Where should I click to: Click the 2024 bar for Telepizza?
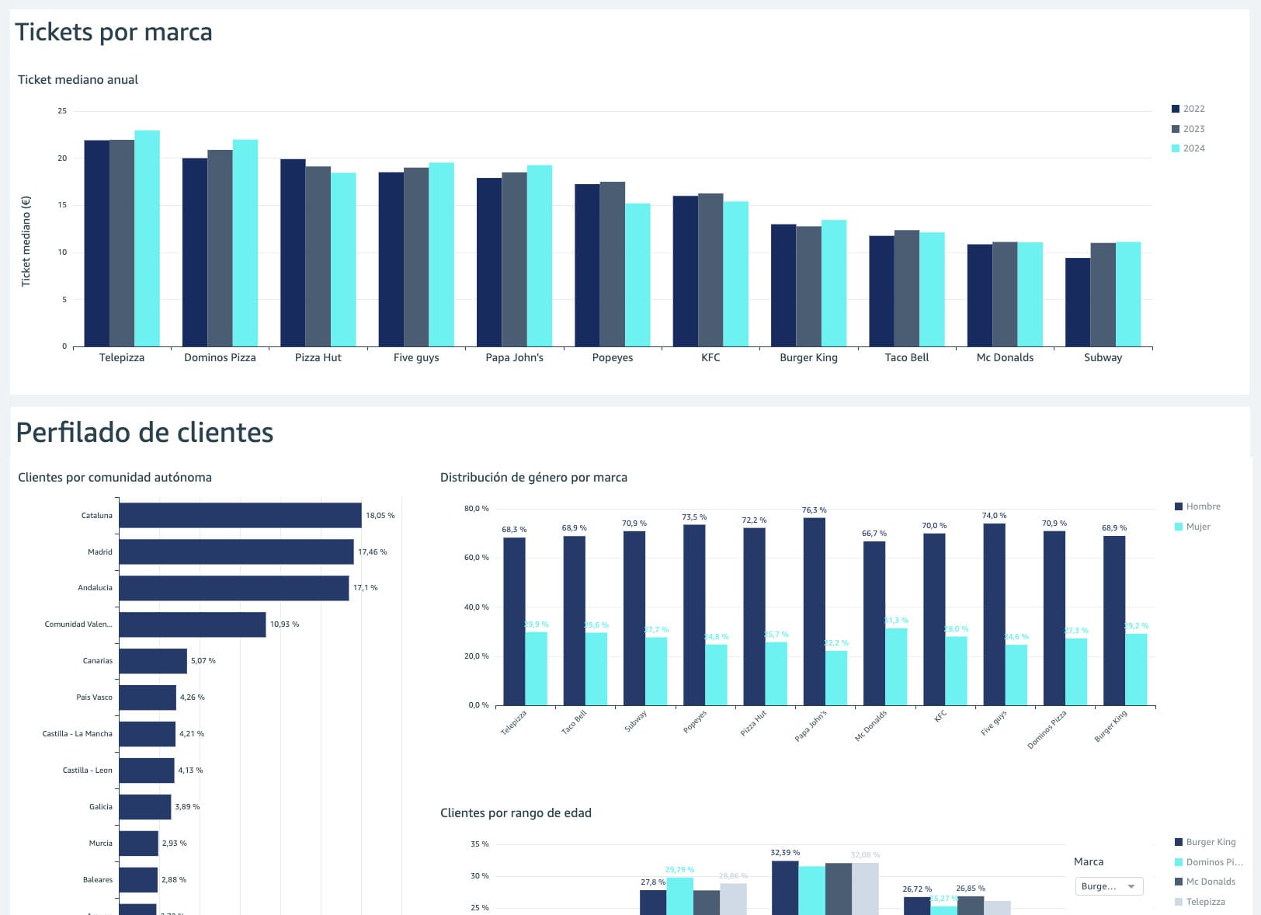coord(147,238)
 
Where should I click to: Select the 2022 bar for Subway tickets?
coord(1078,302)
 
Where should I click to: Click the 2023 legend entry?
coord(1193,129)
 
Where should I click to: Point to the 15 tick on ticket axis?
coord(62,205)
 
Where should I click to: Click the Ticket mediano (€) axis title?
coord(26,241)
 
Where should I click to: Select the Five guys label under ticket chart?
coord(416,357)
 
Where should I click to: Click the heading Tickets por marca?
coord(113,32)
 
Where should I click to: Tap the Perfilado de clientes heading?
coord(144,432)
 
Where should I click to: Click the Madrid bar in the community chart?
coord(236,551)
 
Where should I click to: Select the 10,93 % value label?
coord(284,624)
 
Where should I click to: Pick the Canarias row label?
coord(97,661)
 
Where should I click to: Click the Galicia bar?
coord(144,806)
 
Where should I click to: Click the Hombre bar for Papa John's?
coord(815,611)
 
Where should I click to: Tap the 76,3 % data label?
coord(814,510)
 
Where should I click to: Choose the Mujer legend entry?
coord(1197,527)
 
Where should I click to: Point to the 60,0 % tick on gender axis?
coord(476,558)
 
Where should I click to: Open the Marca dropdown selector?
coord(1109,886)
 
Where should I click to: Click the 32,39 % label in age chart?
coord(785,853)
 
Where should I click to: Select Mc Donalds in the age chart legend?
coord(1210,882)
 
